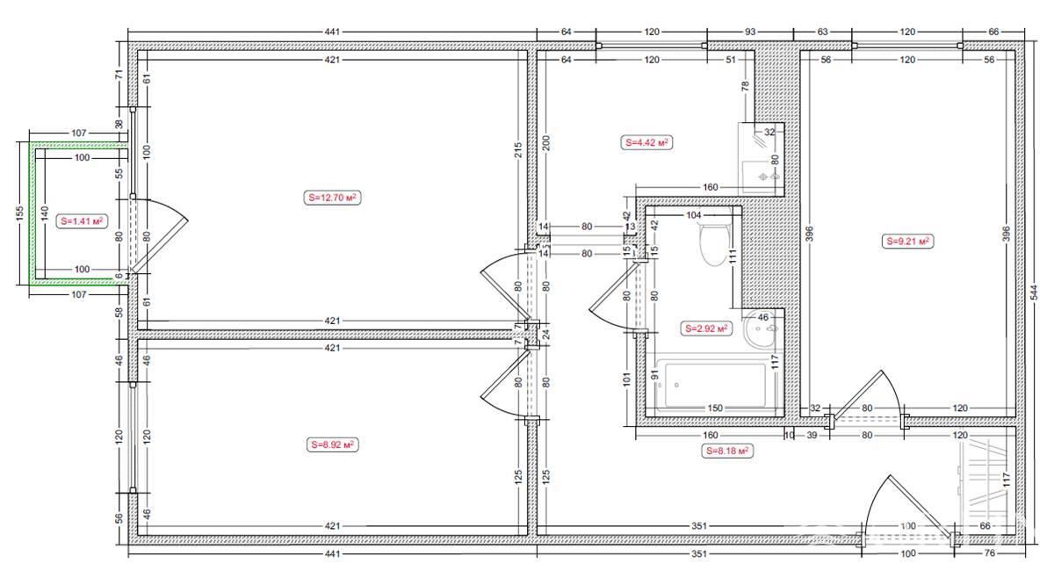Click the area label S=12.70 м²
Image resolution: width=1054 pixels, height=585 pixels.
tap(332, 198)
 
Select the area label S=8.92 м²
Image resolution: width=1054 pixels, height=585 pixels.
tap(332, 444)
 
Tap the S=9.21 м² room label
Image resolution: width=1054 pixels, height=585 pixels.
tap(907, 242)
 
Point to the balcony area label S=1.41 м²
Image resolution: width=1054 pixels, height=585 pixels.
tap(82, 220)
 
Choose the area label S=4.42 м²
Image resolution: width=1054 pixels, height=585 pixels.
tap(647, 142)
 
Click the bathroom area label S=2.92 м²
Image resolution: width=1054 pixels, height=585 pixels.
tap(706, 329)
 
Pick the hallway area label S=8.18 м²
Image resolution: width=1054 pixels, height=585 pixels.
tap(727, 451)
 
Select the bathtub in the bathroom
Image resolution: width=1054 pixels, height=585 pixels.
tap(712, 385)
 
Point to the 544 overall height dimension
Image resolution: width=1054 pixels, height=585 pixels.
tap(1035, 292)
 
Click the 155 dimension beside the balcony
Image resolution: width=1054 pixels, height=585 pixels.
tap(19, 213)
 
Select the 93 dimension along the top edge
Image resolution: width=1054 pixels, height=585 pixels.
tap(750, 32)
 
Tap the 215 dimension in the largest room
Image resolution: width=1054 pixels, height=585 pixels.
tap(518, 150)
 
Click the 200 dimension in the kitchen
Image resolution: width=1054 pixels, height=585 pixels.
tap(545, 143)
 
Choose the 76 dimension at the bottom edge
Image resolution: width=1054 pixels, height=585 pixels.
tap(990, 553)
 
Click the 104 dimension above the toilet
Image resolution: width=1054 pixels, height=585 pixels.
tap(694, 215)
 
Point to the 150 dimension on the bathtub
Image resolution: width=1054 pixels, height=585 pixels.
tap(715, 408)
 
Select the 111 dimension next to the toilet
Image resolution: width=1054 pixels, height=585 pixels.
tap(733, 256)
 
